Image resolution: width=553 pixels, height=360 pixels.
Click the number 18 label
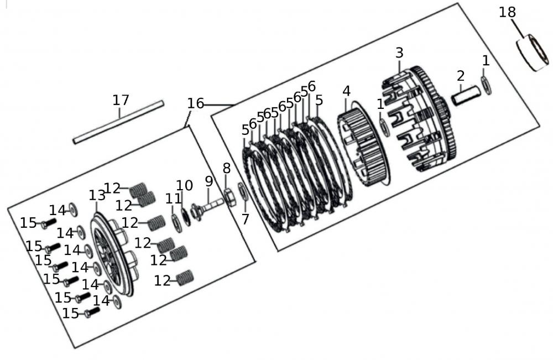click(507, 12)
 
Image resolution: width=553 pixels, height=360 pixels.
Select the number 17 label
click(121, 100)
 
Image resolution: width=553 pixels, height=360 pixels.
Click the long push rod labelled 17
click(119, 122)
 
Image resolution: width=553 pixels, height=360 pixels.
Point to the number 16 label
click(195, 103)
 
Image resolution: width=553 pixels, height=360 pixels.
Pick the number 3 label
click(399, 53)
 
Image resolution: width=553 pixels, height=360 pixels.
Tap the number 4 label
click(346, 91)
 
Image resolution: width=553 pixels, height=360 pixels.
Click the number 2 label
click(460, 76)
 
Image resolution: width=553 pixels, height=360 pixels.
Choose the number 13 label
click(97, 196)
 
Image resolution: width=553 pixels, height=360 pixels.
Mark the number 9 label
click(208, 181)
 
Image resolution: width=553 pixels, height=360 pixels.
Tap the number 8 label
click(226, 169)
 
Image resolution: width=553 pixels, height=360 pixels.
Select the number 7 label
click(245, 220)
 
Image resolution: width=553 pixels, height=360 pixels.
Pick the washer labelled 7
click(242, 191)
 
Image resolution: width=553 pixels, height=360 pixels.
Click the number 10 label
click(185, 186)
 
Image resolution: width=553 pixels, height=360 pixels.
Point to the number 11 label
click(173, 199)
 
